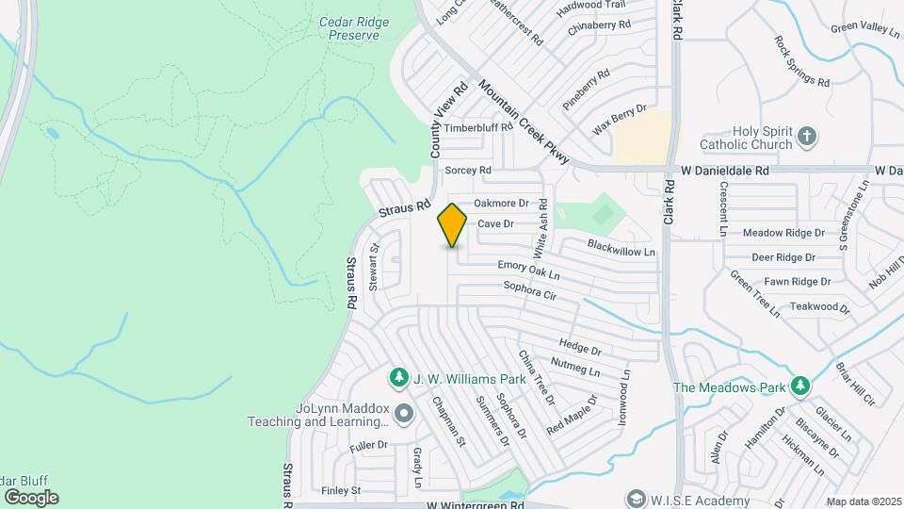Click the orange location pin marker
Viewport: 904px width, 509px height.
point(452,224)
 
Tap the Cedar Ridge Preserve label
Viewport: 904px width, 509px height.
point(348,27)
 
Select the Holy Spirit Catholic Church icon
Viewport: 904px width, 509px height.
point(806,136)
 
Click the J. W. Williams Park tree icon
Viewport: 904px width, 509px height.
point(399,378)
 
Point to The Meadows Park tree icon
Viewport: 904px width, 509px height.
point(799,386)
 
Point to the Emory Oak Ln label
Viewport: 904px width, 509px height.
point(528,271)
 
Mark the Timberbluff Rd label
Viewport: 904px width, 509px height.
point(478,126)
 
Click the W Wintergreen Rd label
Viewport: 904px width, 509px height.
point(476,505)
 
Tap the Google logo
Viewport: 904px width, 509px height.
point(31,497)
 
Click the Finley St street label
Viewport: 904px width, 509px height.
point(341,490)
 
